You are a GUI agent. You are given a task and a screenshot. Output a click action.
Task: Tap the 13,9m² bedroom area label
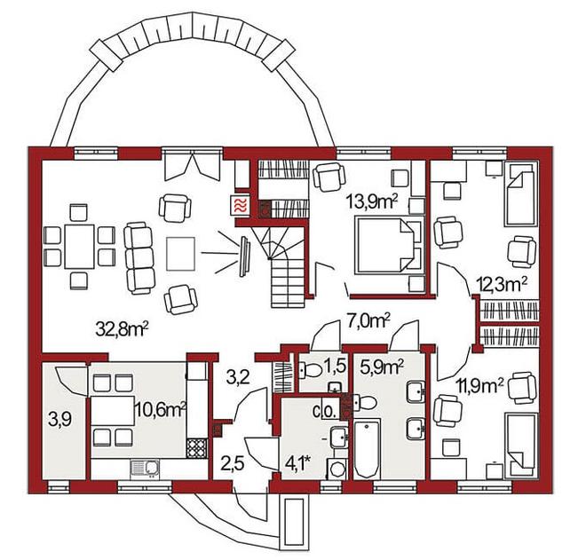point(372,202)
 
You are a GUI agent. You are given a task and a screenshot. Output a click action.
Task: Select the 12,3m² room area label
point(503,285)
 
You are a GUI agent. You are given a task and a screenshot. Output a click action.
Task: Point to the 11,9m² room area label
point(479,385)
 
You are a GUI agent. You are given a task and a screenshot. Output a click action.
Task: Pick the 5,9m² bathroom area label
point(382,368)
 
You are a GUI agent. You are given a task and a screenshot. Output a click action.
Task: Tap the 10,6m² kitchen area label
point(161,410)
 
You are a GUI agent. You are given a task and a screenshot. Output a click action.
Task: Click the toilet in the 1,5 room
point(311,371)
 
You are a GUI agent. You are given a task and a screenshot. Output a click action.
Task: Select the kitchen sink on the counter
point(145,469)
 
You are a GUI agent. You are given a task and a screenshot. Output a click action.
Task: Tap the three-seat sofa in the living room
point(139,257)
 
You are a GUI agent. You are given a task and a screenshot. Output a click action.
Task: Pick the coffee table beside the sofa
point(181,254)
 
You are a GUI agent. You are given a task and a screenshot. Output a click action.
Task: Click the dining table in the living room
point(80,246)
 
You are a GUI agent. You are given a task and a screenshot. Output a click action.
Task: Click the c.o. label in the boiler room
point(326,412)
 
